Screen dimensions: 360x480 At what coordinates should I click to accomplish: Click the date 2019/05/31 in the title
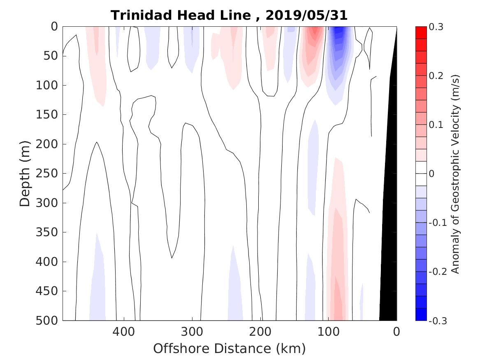(307, 16)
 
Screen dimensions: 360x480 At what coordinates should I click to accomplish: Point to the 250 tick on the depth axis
(49, 173)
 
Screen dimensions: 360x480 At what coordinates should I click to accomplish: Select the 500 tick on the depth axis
(49, 321)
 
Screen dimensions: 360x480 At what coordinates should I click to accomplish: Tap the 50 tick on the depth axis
(52, 56)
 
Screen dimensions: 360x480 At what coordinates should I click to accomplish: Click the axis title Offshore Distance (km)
(230, 349)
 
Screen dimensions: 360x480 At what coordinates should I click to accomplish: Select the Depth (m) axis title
(25, 173)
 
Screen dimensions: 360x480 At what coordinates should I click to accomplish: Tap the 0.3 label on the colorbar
(436, 27)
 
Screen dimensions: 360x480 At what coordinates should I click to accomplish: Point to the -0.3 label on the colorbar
(438, 321)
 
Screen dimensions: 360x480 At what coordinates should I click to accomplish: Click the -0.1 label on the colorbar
(438, 223)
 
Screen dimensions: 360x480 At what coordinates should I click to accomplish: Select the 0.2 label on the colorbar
(436, 76)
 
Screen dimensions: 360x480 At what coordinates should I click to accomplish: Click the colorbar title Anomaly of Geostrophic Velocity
(455, 174)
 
